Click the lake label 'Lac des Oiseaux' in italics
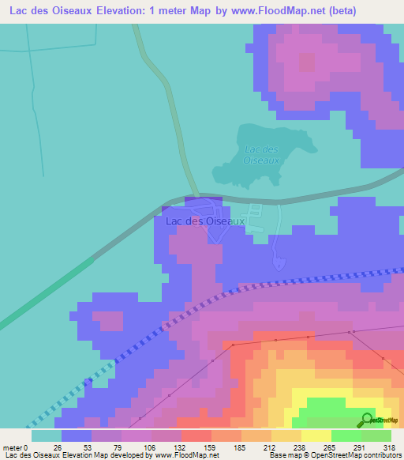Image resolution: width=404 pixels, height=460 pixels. click(262, 154)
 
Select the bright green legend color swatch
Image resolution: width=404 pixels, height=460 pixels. click(346, 435)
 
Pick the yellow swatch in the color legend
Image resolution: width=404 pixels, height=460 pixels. click(316, 435)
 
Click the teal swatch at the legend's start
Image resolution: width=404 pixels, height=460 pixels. click(46, 435)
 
